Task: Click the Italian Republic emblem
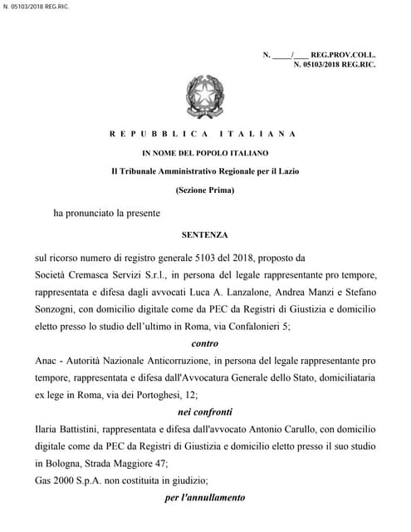[204, 96]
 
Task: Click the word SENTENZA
[204, 235]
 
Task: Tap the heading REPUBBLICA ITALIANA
[203, 134]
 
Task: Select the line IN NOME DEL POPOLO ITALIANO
[205, 153]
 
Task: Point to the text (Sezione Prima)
[205, 190]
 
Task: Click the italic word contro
[204, 343]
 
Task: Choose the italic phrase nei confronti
[205, 411]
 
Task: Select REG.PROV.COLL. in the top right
[343, 54]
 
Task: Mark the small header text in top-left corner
[36, 7]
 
